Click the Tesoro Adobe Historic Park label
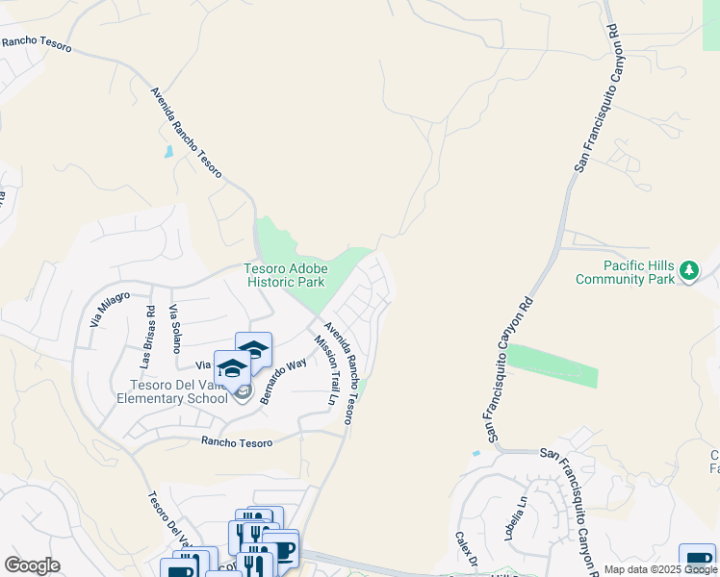coord(285,275)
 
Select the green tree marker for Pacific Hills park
coord(688,272)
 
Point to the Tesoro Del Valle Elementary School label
coord(173,391)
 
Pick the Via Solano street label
coord(174,328)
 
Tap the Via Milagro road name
coord(110,309)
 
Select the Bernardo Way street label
coord(282,379)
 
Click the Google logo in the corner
coord(32,565)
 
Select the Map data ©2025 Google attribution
coord(660,569)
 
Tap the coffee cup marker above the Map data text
coord(696,561)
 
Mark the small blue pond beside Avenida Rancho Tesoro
coord(169,151)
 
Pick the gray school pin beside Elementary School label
coord(242,393)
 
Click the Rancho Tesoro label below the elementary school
coord(237,441)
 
